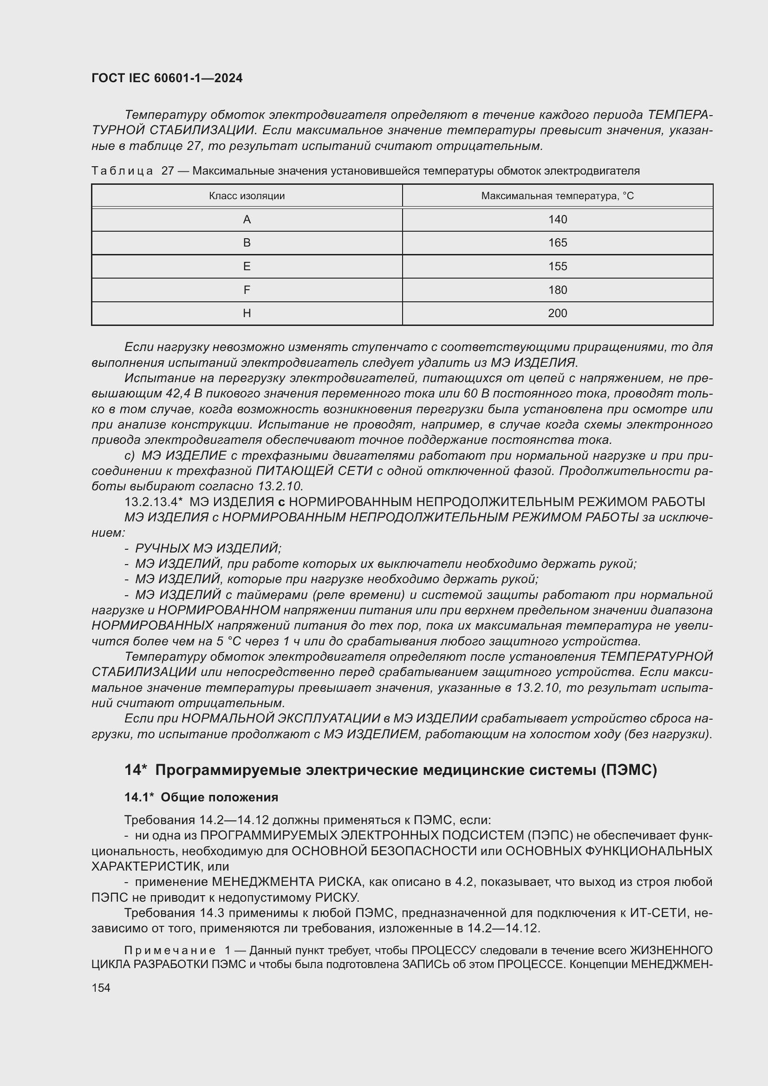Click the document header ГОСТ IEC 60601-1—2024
tap(167, 78)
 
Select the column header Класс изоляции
tap(247, 196)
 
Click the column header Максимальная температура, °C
tap(557, 196)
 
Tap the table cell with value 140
tap(558, 220)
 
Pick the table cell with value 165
tap(558, 243)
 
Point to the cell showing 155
tap(558, 267)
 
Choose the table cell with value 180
tap(558, 290)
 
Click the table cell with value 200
tap(558, 313)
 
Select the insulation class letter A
tap(247, 220)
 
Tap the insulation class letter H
tap(247, 313)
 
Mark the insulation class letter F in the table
tap(247, 290)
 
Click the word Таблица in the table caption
tap(122, 171)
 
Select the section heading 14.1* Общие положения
tap(201, 798)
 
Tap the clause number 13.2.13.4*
tap(153, 502)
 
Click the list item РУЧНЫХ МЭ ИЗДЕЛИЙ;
tap(208, 548)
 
